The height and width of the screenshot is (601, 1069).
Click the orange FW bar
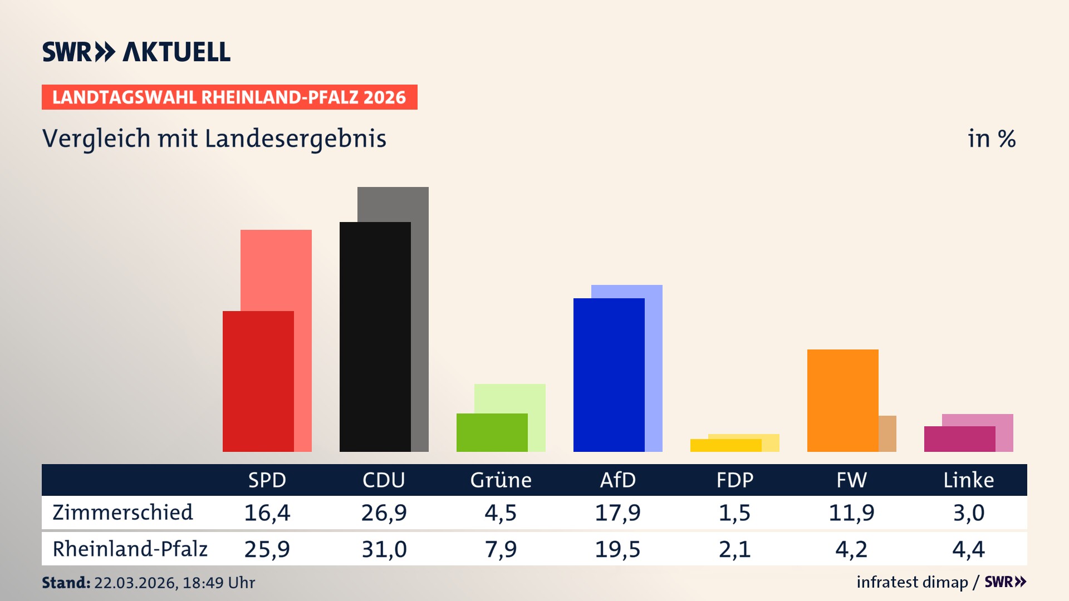[x=842, y=400]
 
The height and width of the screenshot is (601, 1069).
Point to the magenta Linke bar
[x=959, y=439]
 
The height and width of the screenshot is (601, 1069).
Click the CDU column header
[x=384, y=480]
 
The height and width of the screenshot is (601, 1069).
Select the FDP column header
[x=734, y=480]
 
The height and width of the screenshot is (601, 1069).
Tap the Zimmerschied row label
[x=122, y=513]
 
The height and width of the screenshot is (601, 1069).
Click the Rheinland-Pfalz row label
[x=130, y=549]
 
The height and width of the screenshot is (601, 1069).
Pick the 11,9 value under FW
[x=851, y=513]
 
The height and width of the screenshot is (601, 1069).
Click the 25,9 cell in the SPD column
[x=267, y=549]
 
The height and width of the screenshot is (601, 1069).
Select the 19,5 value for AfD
[x=617, y=549]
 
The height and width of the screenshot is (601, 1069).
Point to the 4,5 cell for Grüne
[x=501, y=513]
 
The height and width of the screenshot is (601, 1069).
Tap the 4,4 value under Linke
[x=968, y=549]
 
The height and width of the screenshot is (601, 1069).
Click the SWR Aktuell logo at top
[x=136, y=52]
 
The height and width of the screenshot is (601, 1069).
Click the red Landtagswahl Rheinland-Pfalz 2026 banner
[x=229, y=97]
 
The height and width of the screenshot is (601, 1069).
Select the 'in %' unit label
[x=991, y=139]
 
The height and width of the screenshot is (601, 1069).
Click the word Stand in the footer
[x=66, y=583]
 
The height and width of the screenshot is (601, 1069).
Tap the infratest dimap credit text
[x=912, y=582]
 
